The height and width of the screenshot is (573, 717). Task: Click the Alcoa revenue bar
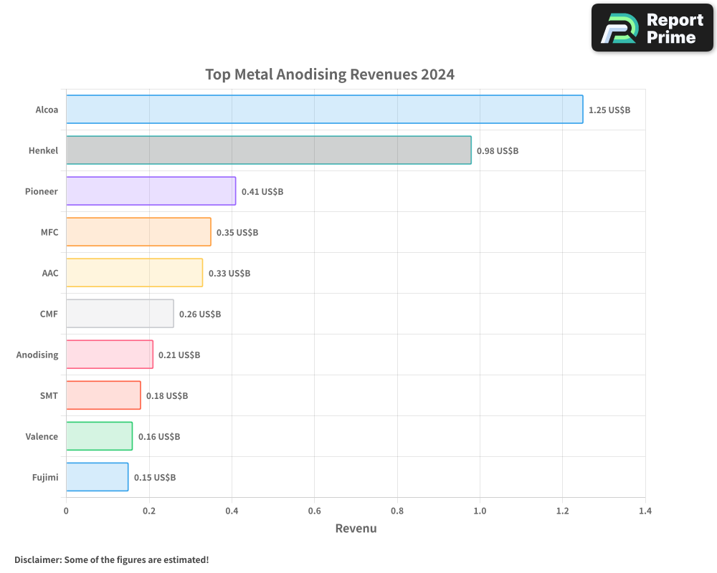(324, 110)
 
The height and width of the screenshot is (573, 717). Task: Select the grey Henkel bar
(268, 150)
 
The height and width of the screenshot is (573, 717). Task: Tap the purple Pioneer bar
(151, 191)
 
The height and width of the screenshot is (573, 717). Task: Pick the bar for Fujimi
(97, 477)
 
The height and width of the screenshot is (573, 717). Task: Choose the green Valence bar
(99, 436)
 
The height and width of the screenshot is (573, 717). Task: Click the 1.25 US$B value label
(609, 110)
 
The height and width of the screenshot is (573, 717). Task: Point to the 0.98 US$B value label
(497, 151)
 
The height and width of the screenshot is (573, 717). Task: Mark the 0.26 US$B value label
(199, 314)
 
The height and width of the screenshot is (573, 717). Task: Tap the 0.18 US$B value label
(166, 395)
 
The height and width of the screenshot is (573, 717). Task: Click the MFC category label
(49, 232)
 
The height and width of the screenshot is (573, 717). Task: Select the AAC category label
(50, 273)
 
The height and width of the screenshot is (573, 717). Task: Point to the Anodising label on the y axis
(37, 355)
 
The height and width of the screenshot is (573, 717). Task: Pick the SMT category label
(49, 395)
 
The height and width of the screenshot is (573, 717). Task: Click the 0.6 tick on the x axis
(314, 511)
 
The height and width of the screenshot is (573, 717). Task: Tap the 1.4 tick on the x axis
(645, 511)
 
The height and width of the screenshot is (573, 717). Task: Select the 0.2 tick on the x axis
(149, 511)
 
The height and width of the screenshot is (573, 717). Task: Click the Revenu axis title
(356, 529)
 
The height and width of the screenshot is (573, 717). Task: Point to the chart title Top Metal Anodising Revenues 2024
(330, 74)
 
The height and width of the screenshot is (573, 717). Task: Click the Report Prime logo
(652, 28)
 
